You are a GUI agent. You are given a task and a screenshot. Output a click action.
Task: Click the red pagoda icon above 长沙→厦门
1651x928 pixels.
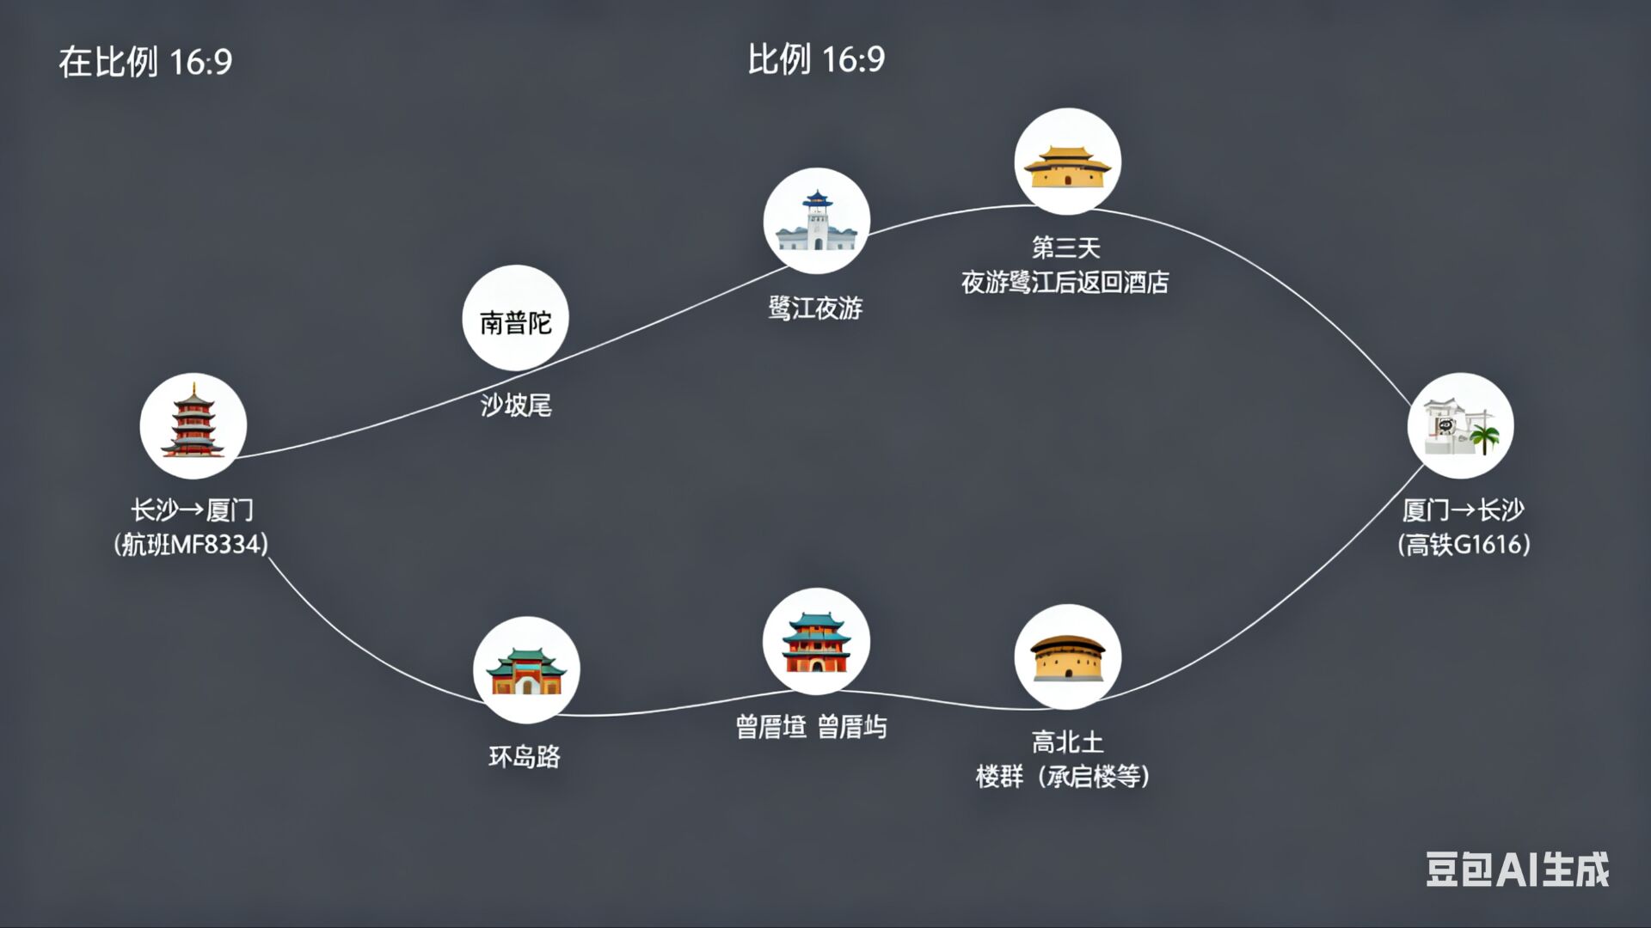[193, 425]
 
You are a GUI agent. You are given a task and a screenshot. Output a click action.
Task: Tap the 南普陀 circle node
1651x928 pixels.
[515, 318]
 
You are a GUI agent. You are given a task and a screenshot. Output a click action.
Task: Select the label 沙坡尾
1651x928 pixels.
[515, 405]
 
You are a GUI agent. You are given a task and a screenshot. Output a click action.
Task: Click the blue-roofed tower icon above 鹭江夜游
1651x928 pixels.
[816, 221]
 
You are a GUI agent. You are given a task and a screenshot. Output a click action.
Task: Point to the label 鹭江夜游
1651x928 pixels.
[814, 308]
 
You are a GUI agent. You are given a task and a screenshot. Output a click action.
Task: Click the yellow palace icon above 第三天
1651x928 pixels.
[1067, 162]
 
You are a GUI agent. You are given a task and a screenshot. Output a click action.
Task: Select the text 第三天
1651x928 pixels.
[1065, 247]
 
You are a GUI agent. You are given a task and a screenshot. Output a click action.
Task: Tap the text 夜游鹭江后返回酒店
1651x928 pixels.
[1065, 282]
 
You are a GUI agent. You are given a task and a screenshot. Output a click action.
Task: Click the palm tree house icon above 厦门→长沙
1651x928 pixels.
[1460, 426]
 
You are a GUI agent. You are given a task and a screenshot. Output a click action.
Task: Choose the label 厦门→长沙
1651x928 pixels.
[1463, 510]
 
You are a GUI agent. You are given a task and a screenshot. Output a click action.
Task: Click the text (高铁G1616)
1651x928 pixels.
[1464, 544]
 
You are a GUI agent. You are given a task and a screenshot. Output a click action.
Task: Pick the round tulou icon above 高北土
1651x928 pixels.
[1067, 657]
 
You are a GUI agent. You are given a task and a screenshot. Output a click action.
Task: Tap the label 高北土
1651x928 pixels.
[1067, 742]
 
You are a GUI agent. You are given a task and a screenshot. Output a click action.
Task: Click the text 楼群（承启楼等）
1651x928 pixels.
[1063, 777]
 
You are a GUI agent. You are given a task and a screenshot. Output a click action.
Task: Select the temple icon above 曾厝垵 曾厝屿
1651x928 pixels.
[815, 641]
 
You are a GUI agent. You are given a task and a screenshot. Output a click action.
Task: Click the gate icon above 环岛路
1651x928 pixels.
[525, 670]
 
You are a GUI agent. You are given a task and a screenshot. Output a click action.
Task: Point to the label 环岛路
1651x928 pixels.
[524, 756]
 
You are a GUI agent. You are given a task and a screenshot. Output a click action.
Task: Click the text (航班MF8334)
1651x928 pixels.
[191, 544]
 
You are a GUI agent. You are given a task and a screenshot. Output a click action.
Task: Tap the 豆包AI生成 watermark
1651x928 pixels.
[1517, 870]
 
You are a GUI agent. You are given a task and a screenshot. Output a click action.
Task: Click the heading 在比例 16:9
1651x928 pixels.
[145, 62]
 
